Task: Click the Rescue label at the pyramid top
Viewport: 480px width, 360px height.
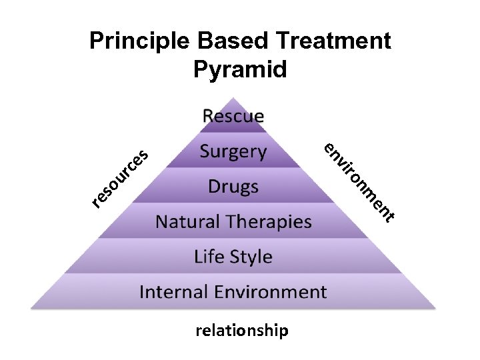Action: coord(233,116)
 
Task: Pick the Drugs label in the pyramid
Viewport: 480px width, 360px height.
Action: coord(233,186)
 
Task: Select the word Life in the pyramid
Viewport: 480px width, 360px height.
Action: coord(209,257)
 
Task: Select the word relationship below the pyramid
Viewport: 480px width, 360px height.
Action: coord(242,331)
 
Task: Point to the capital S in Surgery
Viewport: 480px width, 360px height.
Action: coord(205,151)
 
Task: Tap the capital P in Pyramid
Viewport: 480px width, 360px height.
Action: coord(201,69)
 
